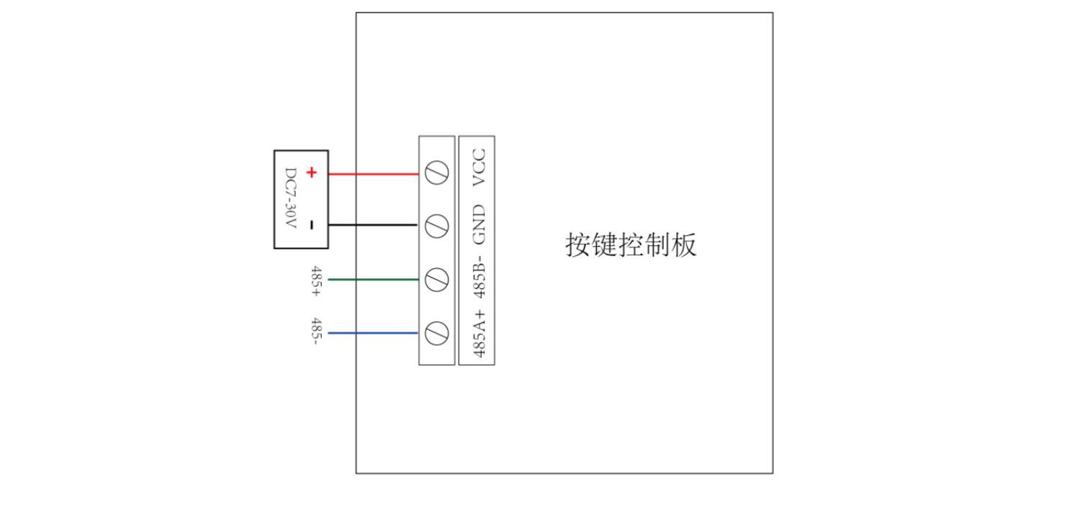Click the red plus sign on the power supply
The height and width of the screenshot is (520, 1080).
tap(311, 173)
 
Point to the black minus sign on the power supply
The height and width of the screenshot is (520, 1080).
tap(311, 225)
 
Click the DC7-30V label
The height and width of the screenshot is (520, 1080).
tap(291, 199)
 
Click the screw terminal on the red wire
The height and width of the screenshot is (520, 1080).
tap(437, 173)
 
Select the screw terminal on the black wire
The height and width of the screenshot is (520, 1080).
tap(437, 226)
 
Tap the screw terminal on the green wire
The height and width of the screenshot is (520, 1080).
tap(437, 280)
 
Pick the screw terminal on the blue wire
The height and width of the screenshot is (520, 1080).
tap(437, 333)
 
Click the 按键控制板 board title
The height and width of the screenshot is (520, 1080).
tap(631, 245)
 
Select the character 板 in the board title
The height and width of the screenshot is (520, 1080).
tap(684, 245)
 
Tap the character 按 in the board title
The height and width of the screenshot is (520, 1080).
tap(578, 245)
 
